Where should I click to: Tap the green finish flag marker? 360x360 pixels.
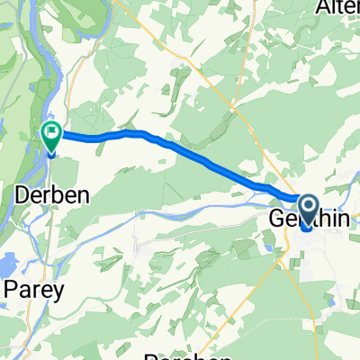click(51, 137)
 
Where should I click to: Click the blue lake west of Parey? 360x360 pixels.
click(7, 265)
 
